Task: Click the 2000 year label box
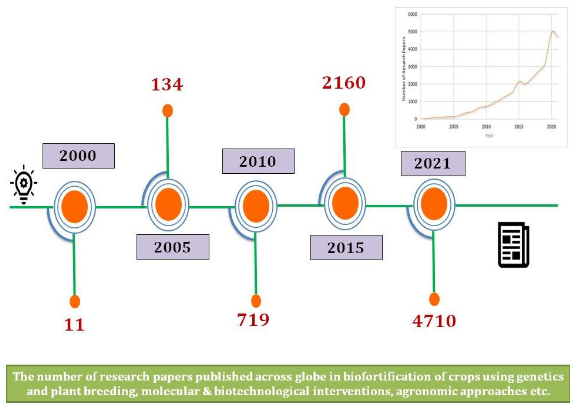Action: [x=78, y=156]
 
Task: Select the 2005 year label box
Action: [x=173, y=247]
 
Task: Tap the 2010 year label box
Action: [x=258, y=161]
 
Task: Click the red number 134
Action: [x=167, y=84]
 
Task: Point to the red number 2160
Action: [x=344, y=83]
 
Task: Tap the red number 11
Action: [x=74, y=325]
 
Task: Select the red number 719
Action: [x=253, y=320]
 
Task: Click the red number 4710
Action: [x=434, y=321]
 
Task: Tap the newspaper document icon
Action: [x=513, y=244]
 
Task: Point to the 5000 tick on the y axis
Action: [x=412, y=32]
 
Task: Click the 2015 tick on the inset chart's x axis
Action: [x=519, y=127]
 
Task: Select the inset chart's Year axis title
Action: [x=489, y=136]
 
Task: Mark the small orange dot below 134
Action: [x=167, y=111]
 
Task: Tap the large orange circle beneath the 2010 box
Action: [x=256, y=206]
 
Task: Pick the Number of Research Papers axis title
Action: [x=404, y=69]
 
